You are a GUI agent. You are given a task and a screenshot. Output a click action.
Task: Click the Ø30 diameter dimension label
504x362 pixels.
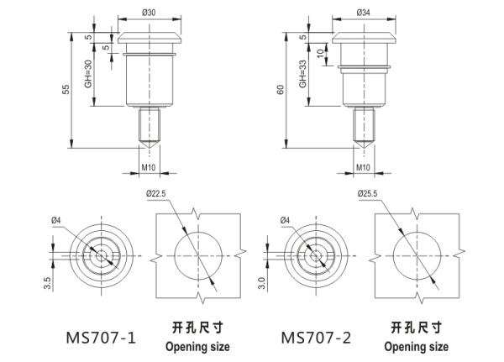pos(150,13)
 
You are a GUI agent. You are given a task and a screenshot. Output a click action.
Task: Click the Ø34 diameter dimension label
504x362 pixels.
pos(364,13)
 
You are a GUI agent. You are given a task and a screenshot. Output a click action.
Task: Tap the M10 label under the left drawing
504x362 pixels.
pos(149,168)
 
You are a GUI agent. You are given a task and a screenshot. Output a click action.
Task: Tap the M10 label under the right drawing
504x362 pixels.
pos(364,168)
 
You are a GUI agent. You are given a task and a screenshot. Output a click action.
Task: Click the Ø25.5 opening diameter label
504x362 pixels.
pos(368,193)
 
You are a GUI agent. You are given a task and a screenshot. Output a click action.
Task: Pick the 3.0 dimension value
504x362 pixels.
pos(262,283)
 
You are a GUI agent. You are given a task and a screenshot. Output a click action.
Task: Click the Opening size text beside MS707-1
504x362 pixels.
pos(197,346)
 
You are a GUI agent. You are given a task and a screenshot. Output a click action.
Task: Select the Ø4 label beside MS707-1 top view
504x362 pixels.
pos(56,221)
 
